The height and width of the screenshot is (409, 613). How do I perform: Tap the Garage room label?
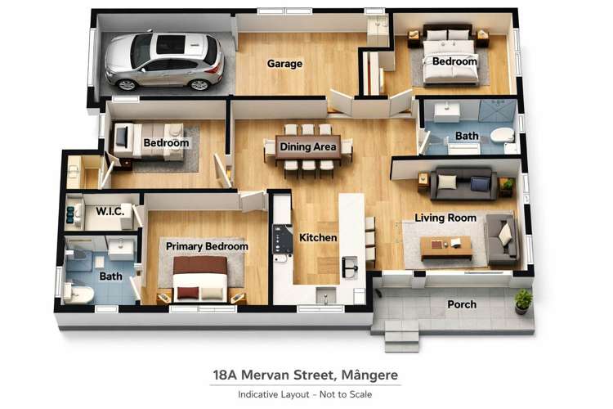pyautogui.click(x=284, y=64)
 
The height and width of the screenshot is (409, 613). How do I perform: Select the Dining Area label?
pyautogui.click(x=308, y=147)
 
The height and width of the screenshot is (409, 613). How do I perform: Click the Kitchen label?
pyautogui.click(x=318, y=237)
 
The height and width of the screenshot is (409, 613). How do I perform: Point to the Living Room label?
pyautogui.click(x=445, y=218)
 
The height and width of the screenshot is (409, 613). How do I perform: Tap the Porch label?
pyautogui.click(x=462, y=304)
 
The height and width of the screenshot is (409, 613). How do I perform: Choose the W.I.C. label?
pyautogui.click(x=110, y=210)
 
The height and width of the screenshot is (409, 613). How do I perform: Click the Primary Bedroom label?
pyautogui.click(x=207, y=245)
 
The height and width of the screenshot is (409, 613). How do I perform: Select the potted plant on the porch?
pyautogui.click(x=522, y=300)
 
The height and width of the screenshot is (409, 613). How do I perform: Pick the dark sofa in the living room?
pyautogui.click(x=463, y=182)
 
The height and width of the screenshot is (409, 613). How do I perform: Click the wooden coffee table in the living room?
pyautogui.click(x=445, y=245)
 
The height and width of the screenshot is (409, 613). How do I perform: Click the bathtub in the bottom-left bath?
pyautogui.click(x=78, y=293)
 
